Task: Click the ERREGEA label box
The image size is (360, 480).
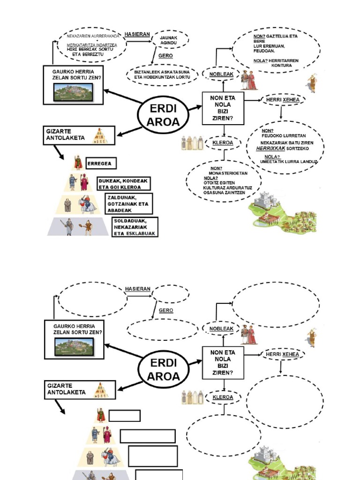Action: pos(101,164)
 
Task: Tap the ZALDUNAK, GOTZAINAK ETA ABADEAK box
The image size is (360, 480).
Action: pos(128,204)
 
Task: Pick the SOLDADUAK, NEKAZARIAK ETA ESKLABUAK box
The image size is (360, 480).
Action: pos(135,227)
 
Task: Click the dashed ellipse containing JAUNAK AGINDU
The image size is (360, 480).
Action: pos(168,40)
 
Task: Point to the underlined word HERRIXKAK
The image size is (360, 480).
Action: pos(270,148)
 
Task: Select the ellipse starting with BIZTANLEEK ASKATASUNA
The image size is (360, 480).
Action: pos(162,75)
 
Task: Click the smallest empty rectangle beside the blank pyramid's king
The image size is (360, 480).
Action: pos(124,416)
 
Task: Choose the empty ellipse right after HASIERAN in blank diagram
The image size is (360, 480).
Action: pos(171,294)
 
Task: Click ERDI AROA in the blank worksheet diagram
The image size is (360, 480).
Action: pos(163,369)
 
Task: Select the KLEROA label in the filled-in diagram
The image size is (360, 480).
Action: pos(223,142)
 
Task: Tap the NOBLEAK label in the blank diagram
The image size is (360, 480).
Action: pos(221,329)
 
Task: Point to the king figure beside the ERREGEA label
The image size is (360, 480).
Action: pos(78,163)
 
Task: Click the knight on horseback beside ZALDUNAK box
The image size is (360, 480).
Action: pos(87,204)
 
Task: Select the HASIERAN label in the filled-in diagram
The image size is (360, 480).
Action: pos(137,34)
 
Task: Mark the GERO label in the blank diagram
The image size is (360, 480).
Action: pos(166,310)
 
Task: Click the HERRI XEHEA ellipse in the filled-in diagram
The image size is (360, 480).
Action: pos(282,100)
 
